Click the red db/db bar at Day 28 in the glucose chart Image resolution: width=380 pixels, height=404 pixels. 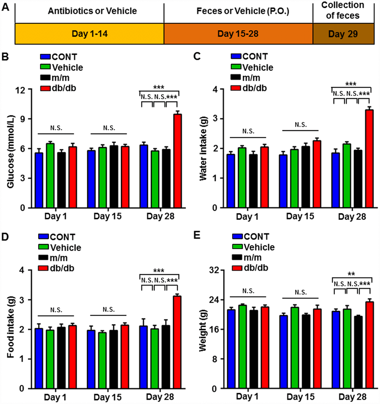[x=178, y=161]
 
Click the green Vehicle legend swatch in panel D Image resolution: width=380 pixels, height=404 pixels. [x=44, y=247]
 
